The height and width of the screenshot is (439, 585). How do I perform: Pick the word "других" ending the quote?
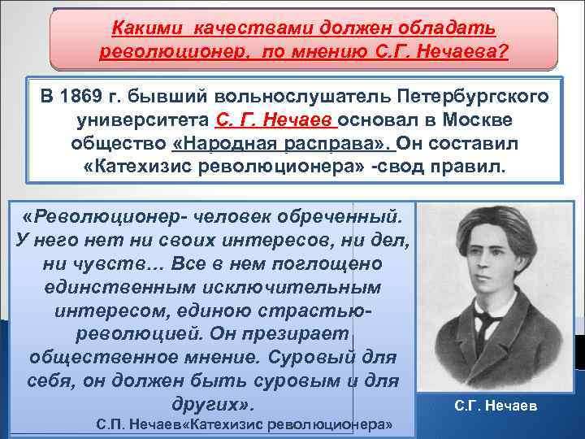click(210, 404)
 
